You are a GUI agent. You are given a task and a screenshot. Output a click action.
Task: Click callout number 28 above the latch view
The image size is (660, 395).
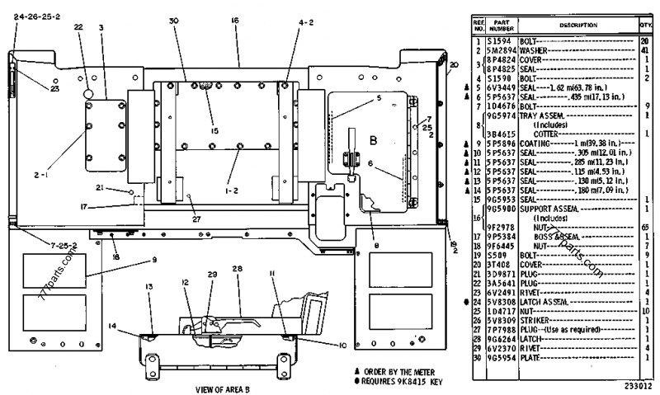pyautogui.click(x=237, y=270)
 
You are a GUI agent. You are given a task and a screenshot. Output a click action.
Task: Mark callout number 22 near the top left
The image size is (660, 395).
pyautogui.click(x=79, y=27)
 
